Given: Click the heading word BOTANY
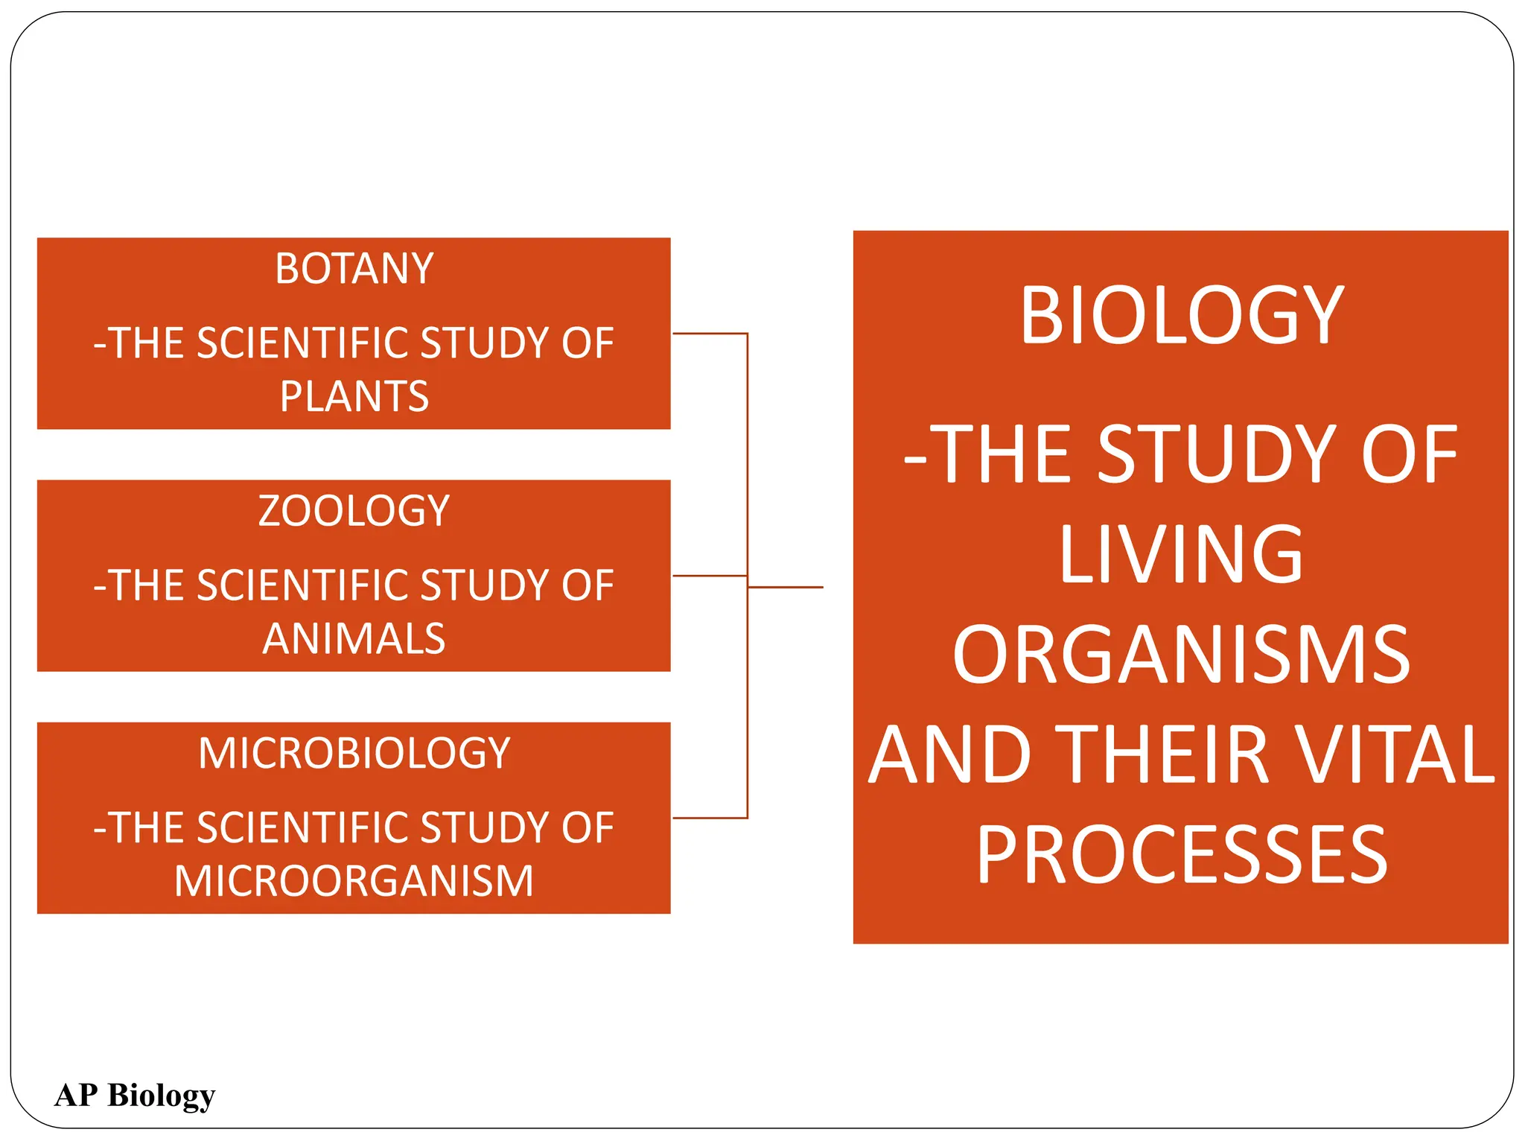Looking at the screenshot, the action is point(354,269).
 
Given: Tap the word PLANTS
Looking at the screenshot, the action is point(354,396).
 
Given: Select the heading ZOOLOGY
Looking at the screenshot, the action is point(354,511).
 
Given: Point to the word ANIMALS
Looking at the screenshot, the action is point(354,639).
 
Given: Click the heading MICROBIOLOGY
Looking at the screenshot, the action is point(354,753).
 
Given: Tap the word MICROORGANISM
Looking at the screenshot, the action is point(354,881).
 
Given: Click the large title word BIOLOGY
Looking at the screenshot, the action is point(1182,316).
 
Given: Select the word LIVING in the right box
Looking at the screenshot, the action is point(1181,554).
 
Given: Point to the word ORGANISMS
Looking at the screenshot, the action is point(1181,655).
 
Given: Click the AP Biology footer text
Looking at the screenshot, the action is point(135,1096).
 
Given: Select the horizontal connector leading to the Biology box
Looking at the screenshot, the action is point(786,588).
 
